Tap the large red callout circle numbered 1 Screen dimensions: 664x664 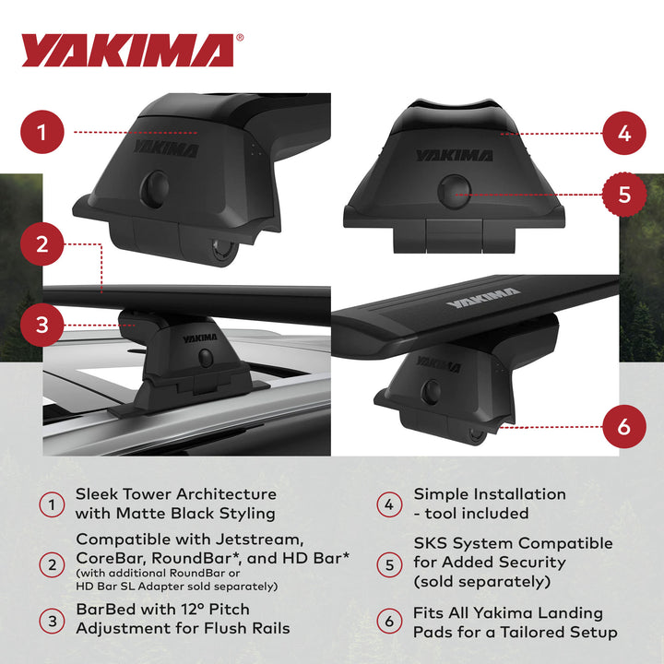point(41,133)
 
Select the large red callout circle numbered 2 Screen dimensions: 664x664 point(41,244)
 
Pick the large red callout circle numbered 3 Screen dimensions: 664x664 point(41,325)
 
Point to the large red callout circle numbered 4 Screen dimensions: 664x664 point(624,133)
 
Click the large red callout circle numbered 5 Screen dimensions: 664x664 point(624,195)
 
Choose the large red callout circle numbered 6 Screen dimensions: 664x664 point(624,427)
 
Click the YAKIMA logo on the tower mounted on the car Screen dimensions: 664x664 point(200,338)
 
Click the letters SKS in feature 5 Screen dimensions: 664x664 point(432,543)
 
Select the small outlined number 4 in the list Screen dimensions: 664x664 point(388,504)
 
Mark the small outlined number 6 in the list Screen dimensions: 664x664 point(388,622)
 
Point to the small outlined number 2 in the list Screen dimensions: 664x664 point(52,563)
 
